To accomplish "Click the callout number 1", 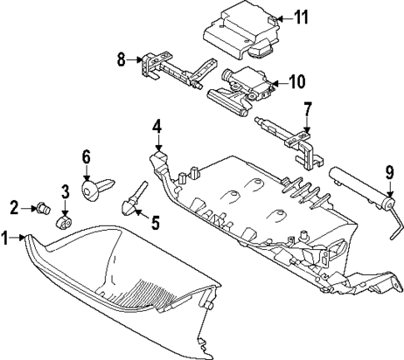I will click(6, 237).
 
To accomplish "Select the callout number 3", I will click(63, 193).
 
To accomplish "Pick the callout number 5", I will click(154, 221).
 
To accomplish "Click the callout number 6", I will click(86, 157).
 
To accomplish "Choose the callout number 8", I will click(121, 59).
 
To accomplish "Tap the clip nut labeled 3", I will click(63, 221).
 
